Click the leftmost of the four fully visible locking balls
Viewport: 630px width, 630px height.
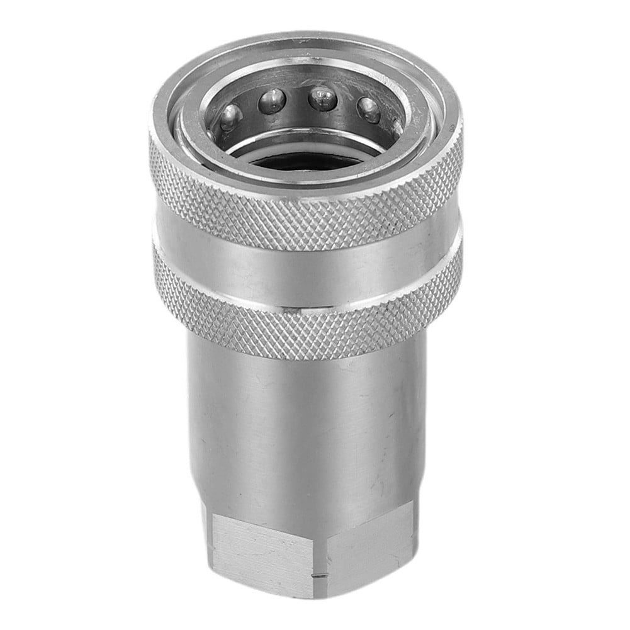click(x=231, y=116)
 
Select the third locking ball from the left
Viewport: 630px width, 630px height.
click(x=322, y=98)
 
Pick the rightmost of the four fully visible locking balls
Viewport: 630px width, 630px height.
click(x=369, y=109)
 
